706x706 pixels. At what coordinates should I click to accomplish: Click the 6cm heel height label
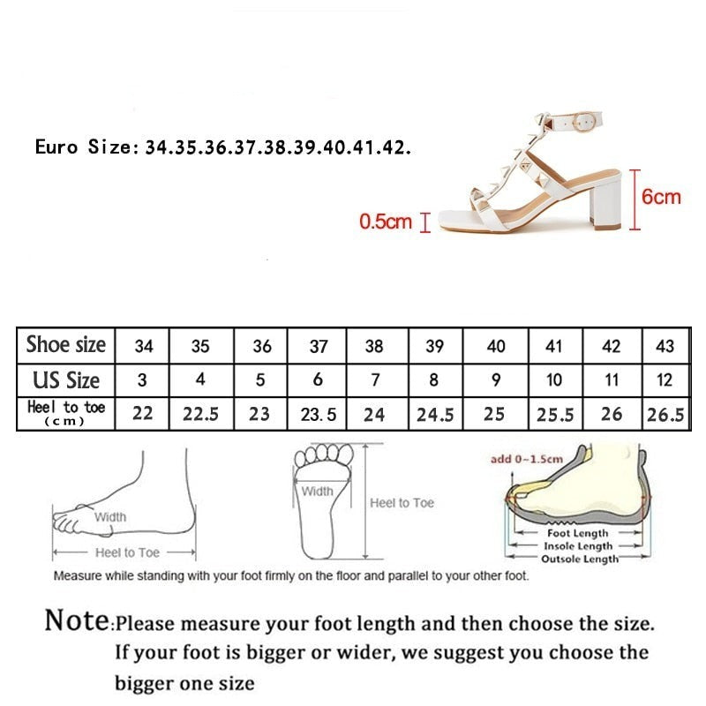pos(660,197)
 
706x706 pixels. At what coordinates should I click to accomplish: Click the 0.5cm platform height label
pos(386,222)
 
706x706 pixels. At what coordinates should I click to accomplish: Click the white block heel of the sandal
pos(605,201)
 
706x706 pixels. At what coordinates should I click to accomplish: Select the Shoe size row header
pos(65,345)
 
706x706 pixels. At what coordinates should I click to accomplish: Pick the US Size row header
pos(65,380)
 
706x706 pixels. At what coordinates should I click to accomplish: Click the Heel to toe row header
pos(65,413)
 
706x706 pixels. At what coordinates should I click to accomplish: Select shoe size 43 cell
pos(665,346)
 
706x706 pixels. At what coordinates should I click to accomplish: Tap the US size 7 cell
pos(376,380)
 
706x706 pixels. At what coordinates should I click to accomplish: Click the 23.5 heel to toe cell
pos(318,414)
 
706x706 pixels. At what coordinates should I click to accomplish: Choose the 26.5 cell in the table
pos(665,414)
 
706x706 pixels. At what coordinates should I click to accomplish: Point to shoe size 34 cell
pos(144,346)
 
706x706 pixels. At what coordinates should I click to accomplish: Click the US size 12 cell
pos(665,380)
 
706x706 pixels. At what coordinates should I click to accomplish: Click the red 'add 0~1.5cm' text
pos(526,459)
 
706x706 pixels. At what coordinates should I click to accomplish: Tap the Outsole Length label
pos(580,559)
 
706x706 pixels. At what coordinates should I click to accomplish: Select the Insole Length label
pos(578,546)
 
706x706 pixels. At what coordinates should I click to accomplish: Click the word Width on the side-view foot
pos(110,517)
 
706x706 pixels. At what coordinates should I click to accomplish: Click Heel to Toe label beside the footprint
pos(402,503)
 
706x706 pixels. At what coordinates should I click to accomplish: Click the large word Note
pos(77,620)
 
